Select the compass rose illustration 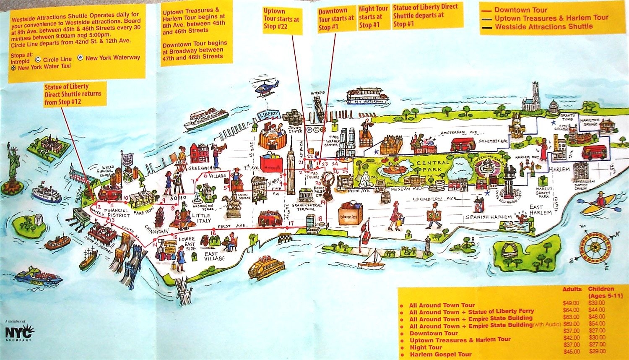click(595, 248)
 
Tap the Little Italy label click(201, 218)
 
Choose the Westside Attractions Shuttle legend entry click(543, 27)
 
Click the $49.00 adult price click(571, 303)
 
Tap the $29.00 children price click(597, 352)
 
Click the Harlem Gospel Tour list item click(441, 355)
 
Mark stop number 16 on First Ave click(214, 232)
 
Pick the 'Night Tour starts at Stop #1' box click(373, 17)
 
